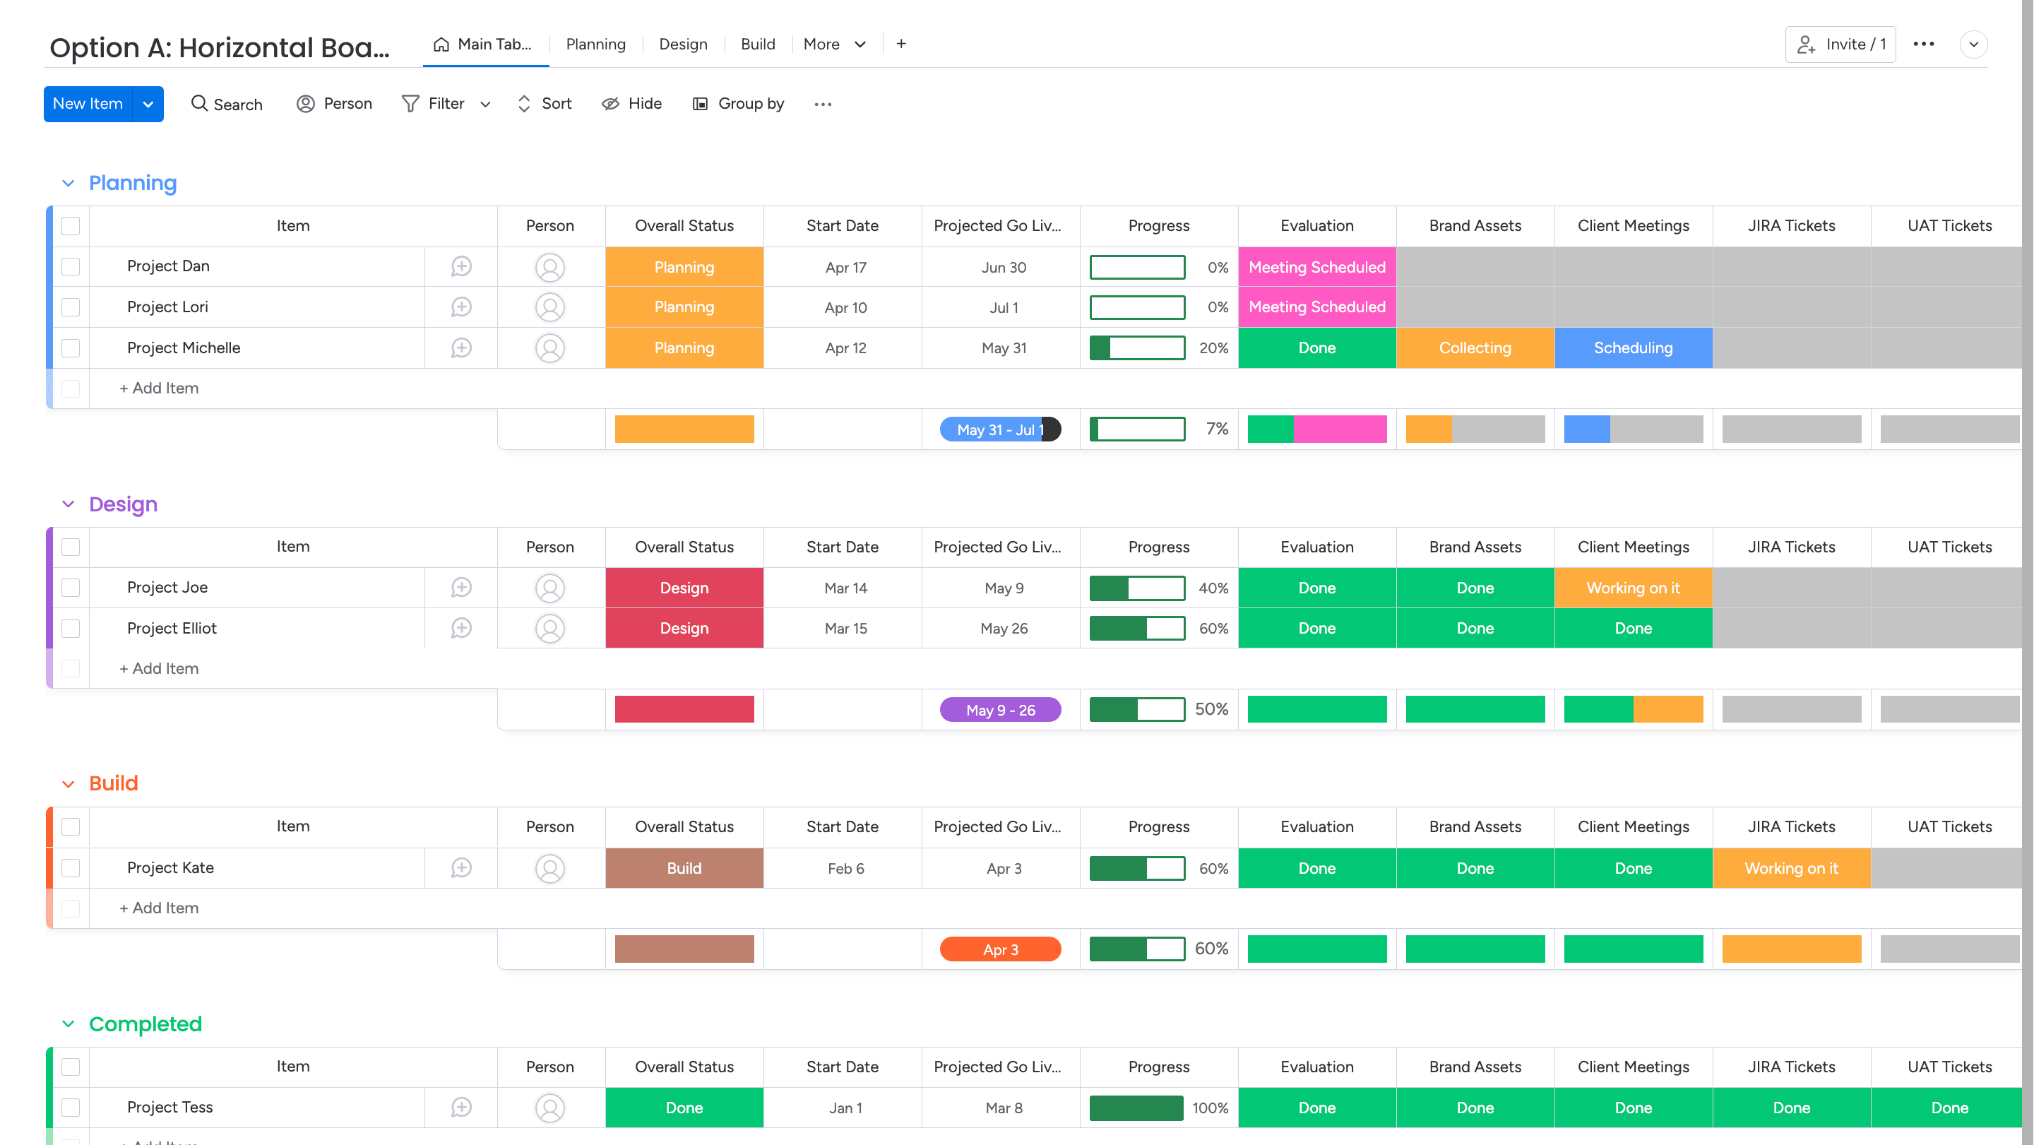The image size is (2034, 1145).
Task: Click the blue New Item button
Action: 88,103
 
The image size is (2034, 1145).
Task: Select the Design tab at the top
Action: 683,45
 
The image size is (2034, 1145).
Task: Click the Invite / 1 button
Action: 1840,45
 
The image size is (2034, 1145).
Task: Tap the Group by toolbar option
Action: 738,103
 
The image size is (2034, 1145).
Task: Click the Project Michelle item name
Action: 183,348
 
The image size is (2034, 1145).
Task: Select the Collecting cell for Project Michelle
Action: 1474,348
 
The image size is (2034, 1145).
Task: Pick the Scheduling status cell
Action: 1633,348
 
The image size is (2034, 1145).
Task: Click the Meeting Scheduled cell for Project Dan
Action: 1316,267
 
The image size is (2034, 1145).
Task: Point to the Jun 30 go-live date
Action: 1004,268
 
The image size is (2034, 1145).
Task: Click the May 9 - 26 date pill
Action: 999,710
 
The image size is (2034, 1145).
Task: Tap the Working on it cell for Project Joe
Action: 1633,588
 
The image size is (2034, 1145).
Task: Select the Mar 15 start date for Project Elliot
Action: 845,629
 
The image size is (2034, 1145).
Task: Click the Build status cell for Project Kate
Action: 684,868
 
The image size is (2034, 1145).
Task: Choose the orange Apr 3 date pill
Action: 999,949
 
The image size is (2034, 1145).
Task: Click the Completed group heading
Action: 145,1024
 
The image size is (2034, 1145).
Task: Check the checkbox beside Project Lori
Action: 71,307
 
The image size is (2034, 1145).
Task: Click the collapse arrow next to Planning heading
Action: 68,183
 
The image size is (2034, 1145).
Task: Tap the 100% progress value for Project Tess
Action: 1210,1108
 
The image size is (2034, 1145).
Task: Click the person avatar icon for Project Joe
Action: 549,588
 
